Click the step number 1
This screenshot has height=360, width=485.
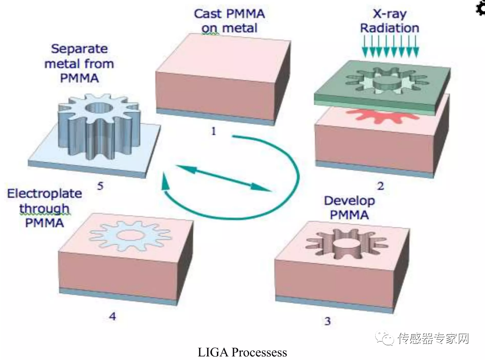pyautogui.click(x=213, y=132)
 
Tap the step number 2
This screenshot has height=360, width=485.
pyautogui.click(x=380, y=186)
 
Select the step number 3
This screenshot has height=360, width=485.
pyautogui.click(x=328, y=321)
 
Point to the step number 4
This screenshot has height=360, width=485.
pyautogui.click(x=113, y=316)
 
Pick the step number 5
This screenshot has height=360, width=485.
pyautogui.click(x=100, y=186)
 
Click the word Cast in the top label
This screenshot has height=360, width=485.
pyautogui.click(x=208, y=14)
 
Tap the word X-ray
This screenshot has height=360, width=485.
pyautogui.click(x=390, y=13)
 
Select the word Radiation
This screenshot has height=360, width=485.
pyautogui.click(x=390, y=28)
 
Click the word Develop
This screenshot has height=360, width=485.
pyautogui.click(x=349, y=201)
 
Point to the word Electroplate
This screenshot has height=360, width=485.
pyautogui.click(x=45, y=193)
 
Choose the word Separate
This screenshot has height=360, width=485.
pyautogui.click(x=79, y=49)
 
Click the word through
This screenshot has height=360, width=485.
pyautogui.click(x=44, y=209)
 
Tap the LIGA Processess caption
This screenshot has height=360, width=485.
pyautogui.click(x=243, y=352)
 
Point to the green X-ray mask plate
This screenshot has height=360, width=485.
pyautogui.click(x=382, y=87)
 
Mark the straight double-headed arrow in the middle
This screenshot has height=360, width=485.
pyautogui.click(x=223, y=178)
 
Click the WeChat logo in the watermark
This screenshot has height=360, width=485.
pyautogui.click(x=384, y=338)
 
